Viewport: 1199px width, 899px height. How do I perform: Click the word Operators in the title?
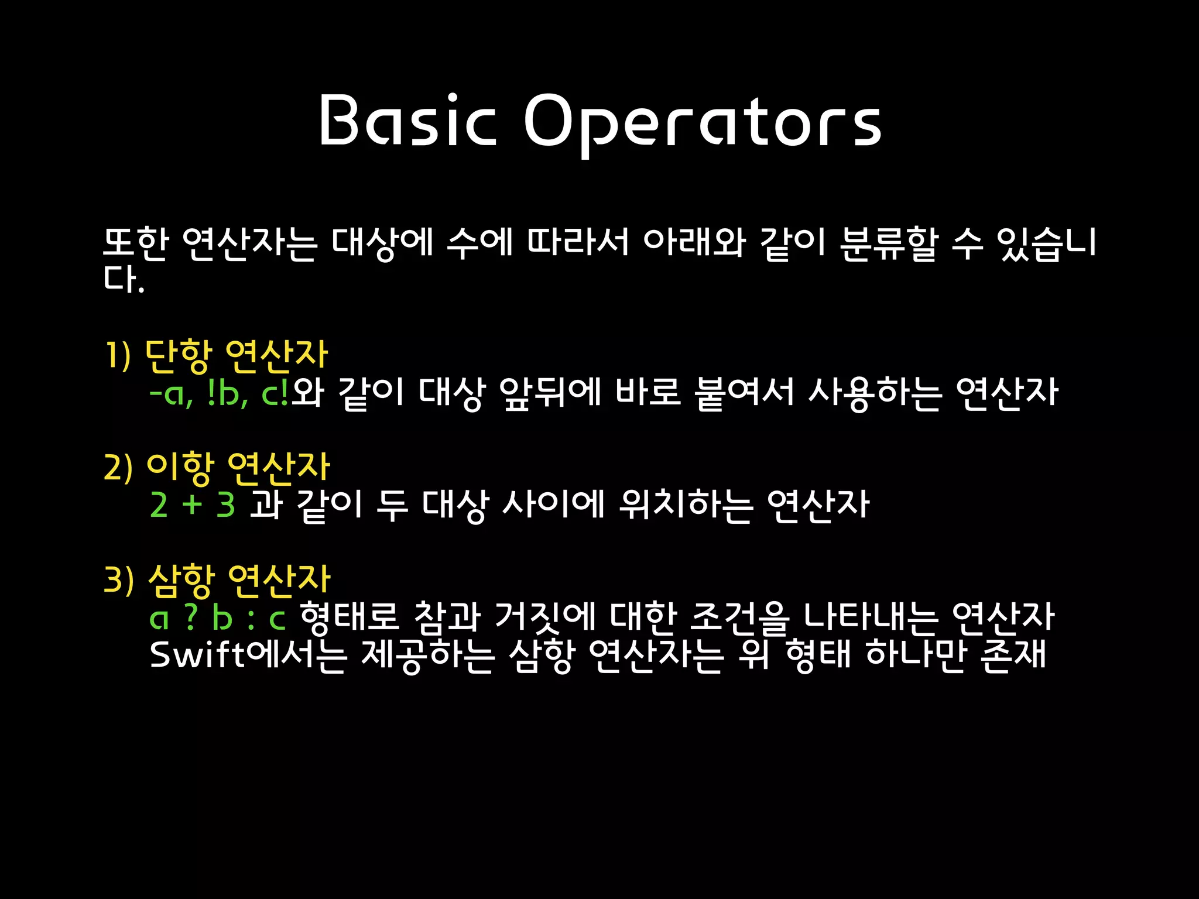point(703,123)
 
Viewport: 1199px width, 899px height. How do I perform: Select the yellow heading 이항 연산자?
point(238,468)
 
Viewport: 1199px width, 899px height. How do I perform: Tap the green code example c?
point(275,394)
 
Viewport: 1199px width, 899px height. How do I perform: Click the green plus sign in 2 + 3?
point(192,504)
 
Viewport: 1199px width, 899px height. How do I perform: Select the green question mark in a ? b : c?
point(190,617)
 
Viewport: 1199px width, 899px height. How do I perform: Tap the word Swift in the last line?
point(197,654)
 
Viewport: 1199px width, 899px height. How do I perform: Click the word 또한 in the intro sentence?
point(136,242)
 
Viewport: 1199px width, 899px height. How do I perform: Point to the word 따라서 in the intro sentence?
point(578,242)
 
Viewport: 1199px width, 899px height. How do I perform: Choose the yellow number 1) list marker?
point(117,356)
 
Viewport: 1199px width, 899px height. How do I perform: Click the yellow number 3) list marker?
point(119,581)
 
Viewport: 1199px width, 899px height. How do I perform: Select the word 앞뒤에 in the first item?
point(550,392)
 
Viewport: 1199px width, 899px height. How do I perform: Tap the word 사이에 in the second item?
point(553,505)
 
